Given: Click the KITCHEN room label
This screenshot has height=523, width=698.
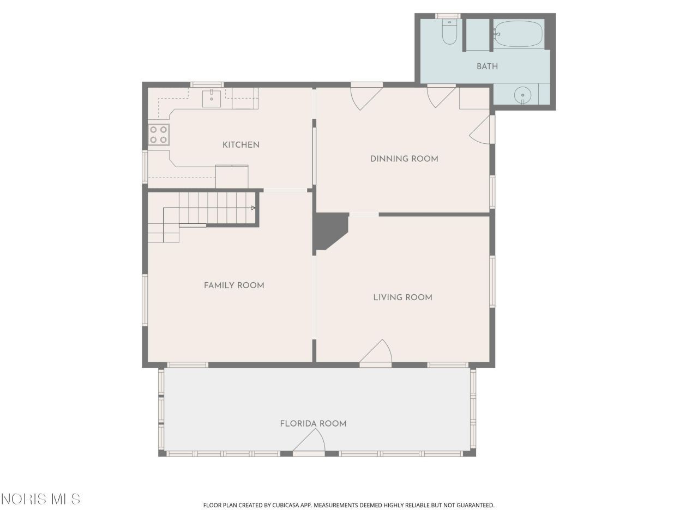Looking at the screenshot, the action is [240, 145].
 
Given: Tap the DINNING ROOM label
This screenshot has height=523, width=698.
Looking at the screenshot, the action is [404, 159].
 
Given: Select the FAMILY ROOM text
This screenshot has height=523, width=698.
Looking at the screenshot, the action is [234, 285].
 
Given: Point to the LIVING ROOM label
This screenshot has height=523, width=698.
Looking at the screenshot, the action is [402, 297].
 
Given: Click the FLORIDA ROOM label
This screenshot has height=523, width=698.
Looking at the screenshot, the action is [313, 424].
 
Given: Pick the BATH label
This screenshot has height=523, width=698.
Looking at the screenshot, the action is [487, 66].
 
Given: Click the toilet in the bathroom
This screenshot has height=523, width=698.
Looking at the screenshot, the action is [449, 32].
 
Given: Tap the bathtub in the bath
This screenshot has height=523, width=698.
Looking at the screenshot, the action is [519, 34].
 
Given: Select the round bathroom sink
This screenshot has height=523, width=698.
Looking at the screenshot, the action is [522, 95].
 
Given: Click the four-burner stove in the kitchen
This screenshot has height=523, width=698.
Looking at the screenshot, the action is [159, 135].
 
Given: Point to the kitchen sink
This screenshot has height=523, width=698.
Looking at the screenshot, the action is [212, 99].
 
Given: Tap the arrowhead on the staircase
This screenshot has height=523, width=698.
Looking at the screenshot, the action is [253, 208].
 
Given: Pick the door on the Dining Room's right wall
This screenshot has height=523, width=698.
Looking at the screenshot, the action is [482, 130].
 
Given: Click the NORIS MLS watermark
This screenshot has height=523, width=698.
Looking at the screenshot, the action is [41, 499].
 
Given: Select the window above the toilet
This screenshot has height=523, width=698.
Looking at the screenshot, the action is [447, 16].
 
